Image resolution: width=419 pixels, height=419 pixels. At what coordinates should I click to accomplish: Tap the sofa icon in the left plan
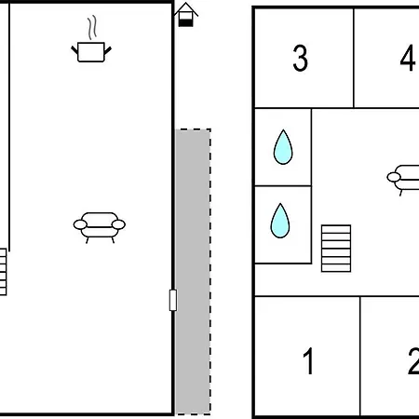click(x=100, y=227)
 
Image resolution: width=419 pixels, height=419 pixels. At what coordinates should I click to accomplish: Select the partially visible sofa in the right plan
click(x=403, y=178)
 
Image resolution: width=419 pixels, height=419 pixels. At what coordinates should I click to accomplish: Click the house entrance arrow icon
click(x=186, y=15)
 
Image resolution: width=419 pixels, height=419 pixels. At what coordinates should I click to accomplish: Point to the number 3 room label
click(x=301, y=58)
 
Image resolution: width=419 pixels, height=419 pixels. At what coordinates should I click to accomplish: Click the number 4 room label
click(x=407, y=58)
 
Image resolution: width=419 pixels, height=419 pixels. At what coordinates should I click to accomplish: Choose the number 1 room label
click(x=308, y=361)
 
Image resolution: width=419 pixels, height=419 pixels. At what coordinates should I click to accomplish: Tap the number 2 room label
click(x=413, y=361)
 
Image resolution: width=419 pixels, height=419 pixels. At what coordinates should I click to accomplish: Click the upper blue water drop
click(x=283, y=147)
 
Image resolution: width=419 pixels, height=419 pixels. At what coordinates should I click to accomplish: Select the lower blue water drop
click(x=280, y=221)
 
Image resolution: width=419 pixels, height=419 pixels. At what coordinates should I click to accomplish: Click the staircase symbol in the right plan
click(x=336, y=249)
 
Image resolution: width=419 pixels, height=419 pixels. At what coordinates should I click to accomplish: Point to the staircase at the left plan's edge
click(x=3, y=272)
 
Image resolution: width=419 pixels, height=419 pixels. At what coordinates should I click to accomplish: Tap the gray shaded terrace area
click(x=193, y=272)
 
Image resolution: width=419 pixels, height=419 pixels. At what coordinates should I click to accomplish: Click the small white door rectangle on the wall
click(x=173, y=300)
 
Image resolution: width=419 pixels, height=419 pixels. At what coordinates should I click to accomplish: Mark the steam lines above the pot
click(x=92, y=28)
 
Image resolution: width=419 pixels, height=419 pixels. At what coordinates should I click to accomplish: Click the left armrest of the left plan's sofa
click(x=80, y=224)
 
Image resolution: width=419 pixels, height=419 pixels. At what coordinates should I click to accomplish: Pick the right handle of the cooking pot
click(x=107, y=50)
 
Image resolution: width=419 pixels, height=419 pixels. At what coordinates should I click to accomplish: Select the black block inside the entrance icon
click(x=186, y=22)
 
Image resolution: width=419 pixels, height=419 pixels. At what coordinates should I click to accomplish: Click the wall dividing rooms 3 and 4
click(x=354, y=58)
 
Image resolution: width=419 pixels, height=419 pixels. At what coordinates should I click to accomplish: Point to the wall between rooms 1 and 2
click(x=360, y=356)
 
